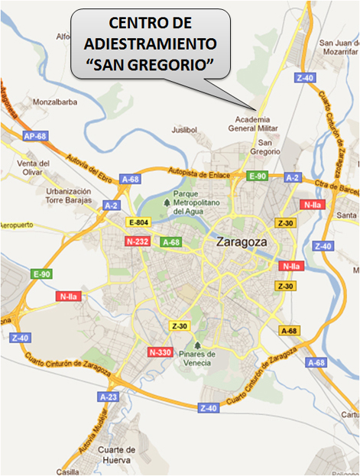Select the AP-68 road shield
[x=34, y=136]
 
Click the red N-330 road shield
[x=159, y=352]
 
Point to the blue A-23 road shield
[x=109, y=397]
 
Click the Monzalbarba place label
[x=53, y=102]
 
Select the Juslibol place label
[x=184, y=130]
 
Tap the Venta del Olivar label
[x=34, y=167]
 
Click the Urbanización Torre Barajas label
[x=68, y=196]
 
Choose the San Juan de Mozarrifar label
[x=338, y=48]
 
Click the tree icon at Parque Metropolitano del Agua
[x=167, y=202]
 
